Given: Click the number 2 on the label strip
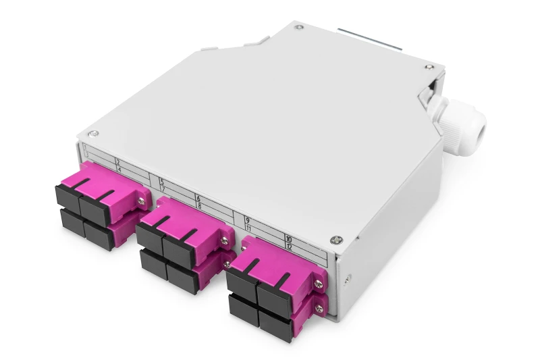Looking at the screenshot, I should [x=117, y=162].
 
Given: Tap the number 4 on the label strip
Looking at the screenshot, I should [x=119, y=170].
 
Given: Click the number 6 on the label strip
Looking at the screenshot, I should [x=198, y=197].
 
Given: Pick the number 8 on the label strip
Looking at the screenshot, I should [x=200, y=205].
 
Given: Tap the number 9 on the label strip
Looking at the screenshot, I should [x=248, y=220].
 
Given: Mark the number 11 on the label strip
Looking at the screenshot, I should [x=249, y=228].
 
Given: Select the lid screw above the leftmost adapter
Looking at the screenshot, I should [x=94, y=134].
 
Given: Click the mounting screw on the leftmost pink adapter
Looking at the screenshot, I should [x=142, y=201].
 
